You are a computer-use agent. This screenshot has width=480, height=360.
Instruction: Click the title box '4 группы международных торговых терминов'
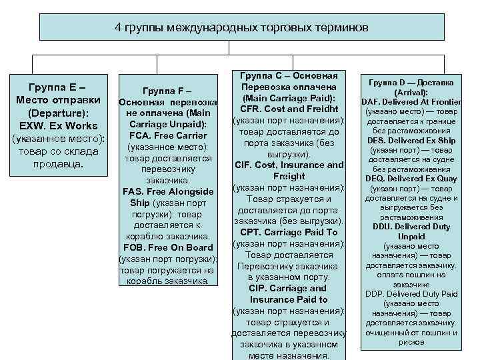click(x=241, y=28)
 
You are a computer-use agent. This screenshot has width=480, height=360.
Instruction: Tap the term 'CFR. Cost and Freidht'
click(x=289, y=109)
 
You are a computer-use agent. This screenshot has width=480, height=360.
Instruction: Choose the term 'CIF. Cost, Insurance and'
click(x=289, y=165)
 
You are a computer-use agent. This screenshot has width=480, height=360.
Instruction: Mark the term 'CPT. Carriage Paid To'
click(x=289, y=232)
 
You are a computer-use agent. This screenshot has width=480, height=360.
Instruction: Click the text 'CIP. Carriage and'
click(x=289, y=288)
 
